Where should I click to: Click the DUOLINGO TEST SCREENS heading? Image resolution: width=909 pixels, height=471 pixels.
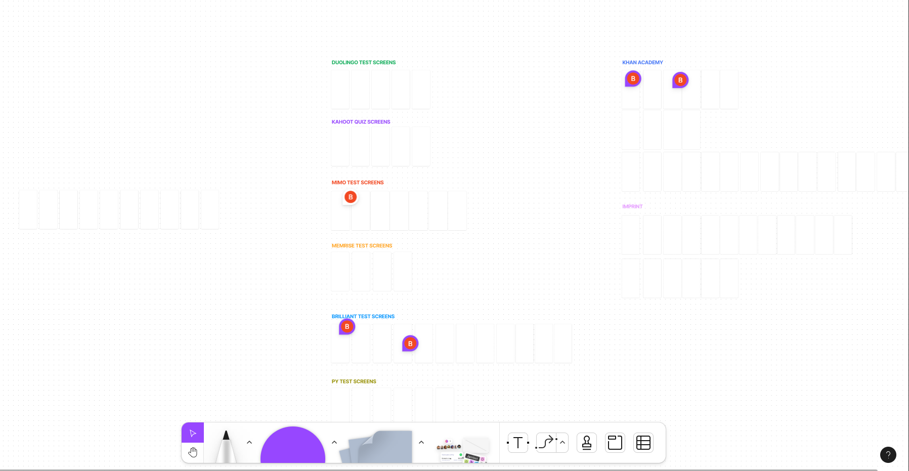point(364,63)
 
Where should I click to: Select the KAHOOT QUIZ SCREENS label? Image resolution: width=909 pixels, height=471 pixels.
point(361,122)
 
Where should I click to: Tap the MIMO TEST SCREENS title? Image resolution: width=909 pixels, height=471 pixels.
point(358,183)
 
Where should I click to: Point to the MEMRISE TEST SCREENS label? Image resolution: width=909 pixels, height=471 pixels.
point(362,246)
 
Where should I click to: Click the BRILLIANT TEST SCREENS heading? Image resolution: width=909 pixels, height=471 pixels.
point(363,317)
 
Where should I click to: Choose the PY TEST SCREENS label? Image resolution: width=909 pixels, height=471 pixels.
point(354,381)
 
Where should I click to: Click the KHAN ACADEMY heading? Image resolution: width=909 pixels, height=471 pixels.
point(642,63)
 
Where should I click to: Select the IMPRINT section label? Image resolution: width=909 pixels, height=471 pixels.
point(632,206)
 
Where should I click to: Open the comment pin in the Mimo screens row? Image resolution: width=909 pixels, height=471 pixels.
point(351,197)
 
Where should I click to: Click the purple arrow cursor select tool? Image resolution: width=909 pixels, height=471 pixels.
point(193,433)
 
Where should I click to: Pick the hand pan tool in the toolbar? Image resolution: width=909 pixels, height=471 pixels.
point(193,452)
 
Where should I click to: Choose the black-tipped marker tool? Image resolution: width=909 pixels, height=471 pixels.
point(226,446)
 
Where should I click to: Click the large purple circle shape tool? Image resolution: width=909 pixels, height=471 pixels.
point(293,445)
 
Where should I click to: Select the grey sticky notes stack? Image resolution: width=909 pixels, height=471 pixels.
point(376,446)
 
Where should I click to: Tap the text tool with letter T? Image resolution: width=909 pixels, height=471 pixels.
point(518,443)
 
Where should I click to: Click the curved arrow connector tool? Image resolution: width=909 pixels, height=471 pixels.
point(546,443)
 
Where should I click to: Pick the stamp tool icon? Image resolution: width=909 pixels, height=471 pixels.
point(587,443)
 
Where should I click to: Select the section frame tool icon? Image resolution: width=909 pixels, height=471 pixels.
point(615,443)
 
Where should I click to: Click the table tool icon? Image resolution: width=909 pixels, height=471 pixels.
point(643,443)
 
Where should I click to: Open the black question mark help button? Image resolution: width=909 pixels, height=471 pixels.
point(888,455)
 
